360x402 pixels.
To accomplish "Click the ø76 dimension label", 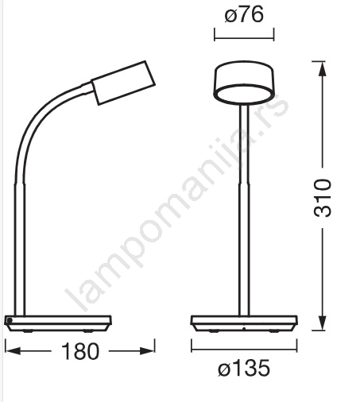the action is tap(244, 15).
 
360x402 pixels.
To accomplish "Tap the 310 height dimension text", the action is tap(323, 198).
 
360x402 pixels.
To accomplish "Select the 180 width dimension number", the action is tap(80, 351).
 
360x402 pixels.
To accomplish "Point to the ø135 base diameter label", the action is tap(244, 368).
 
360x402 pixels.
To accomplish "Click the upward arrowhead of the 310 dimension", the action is tap(323, 69).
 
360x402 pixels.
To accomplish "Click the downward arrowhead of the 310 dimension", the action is tap(323, 323).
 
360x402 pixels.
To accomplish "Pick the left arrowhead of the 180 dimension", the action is tap(13, 351).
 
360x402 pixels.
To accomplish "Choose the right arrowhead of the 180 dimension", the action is tap(147, 351).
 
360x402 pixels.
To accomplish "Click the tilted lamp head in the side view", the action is tap(123, 83).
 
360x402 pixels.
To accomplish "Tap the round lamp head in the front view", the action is tap(244, 82).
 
